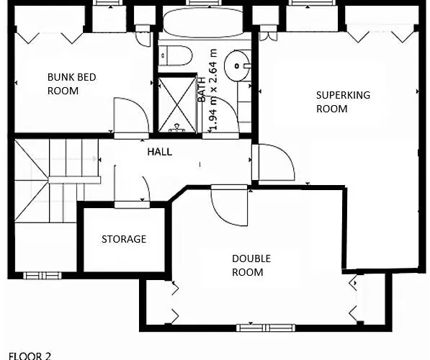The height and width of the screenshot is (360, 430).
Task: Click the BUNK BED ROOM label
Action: pos(71,84)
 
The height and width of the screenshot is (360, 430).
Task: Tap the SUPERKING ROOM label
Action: pos(343,102)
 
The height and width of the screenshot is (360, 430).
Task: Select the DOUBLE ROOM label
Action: pos(251,265)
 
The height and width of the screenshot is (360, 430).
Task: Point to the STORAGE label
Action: pos(124,239)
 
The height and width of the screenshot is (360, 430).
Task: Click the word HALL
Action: pos(160,152)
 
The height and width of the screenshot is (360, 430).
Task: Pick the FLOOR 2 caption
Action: pos(30,356)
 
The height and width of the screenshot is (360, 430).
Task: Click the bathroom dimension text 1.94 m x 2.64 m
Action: pos(213,89)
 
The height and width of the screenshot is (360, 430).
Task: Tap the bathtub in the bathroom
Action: pos(203,22)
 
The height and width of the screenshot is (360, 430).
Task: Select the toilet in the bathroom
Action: pos(176,55)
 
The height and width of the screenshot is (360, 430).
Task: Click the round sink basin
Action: pos(238,66)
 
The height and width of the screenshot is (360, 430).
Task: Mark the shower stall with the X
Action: pos(177,104)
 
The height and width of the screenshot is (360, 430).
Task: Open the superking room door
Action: pos(274,162)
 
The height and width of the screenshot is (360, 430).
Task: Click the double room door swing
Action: pos(230,205)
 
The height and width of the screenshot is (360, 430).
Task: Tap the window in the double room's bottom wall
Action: pos(266,328)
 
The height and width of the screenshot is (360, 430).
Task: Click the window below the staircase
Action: pos(42,275)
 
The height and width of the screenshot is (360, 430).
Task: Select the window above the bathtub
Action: pos(204,3)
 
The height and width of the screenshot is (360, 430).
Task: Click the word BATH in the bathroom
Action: pos(202,89)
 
